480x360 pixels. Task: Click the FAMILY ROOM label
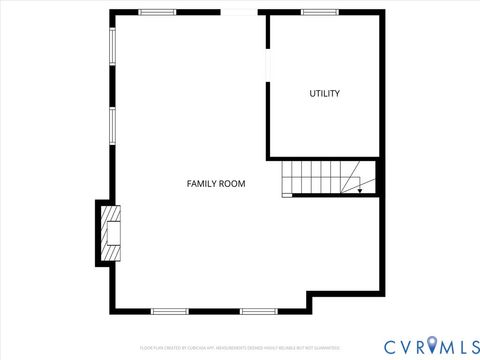216,184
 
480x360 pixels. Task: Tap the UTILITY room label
324,94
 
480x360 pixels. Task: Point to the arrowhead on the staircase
360,190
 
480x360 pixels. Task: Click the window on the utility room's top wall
320,12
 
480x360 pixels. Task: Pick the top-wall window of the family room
157,12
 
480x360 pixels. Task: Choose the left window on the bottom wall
169,311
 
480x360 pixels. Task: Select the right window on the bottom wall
258,311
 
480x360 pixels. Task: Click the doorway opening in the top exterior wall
238,12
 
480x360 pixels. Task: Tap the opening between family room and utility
267,62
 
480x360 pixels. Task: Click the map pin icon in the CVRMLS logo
431,345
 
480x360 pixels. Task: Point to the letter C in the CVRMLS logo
389,345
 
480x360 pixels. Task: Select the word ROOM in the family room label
233,184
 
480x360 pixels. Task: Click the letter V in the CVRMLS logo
403,345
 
